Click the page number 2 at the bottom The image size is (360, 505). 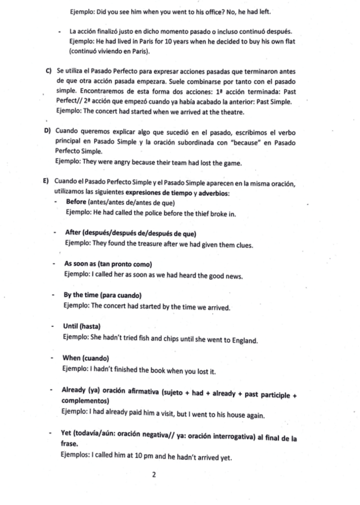[154, 475]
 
